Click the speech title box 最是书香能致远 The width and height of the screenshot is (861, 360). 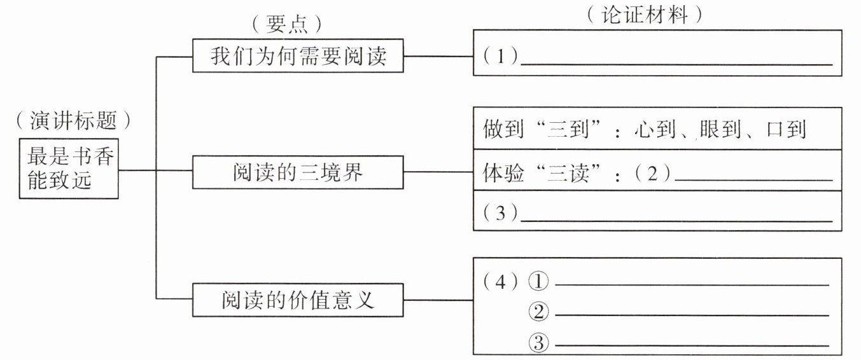(69, 169)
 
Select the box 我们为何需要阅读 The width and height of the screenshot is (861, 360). (298, 56)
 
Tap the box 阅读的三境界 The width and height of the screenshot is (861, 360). (298, 172)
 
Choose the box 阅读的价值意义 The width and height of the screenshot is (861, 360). (298, 300)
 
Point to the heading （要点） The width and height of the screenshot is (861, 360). (287, 24)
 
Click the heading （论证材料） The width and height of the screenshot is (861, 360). (645, 15)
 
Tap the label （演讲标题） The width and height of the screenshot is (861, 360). (73, 120)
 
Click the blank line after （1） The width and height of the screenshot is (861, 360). (676, 64)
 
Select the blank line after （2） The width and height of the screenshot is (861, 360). (753, 180)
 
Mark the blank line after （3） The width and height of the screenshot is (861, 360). (676, 221)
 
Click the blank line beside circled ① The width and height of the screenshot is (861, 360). (692, 285)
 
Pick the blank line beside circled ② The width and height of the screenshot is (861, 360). (692, 315)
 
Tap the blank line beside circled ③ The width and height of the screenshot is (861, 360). (692, 345)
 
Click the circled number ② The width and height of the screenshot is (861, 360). (538, 312)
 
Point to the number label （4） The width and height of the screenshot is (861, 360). (500, 282)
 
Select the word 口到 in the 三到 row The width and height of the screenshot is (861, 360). (786, 129)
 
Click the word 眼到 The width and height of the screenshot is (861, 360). (720, 129)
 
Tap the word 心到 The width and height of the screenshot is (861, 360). (655, 129)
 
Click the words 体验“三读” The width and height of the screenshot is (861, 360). (542, 173)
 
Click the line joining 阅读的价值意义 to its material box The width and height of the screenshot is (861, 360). (438, 300)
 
